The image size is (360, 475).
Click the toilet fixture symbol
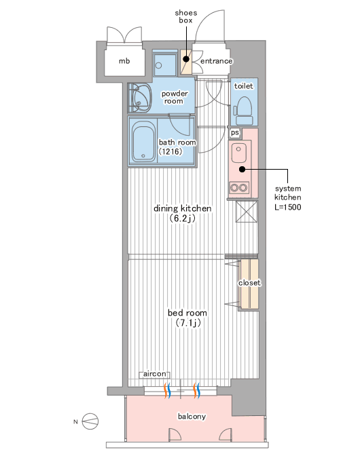click(243, 111)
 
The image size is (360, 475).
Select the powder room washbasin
click(140, 98)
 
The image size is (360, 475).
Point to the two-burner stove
click(238, 188)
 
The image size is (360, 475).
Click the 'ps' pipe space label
click(235, 133)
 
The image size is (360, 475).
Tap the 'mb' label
click(124, 61)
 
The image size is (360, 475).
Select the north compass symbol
click(90, 421)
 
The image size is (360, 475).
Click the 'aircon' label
click(155, 374)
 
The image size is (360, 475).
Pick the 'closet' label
click(249, 283)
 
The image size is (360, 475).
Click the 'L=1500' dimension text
click(288, 207)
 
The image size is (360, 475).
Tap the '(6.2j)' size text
click(183, 218)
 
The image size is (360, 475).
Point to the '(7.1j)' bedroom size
click(188, 323)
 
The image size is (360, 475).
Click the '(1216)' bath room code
click(170, 151)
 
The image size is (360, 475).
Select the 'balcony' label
click(192, 417)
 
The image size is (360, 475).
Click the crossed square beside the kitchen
click(247, 212)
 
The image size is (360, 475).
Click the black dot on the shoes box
click(186, 58)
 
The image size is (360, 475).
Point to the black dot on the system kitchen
click(242, 170)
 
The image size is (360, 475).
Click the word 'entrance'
click(217, 61)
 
